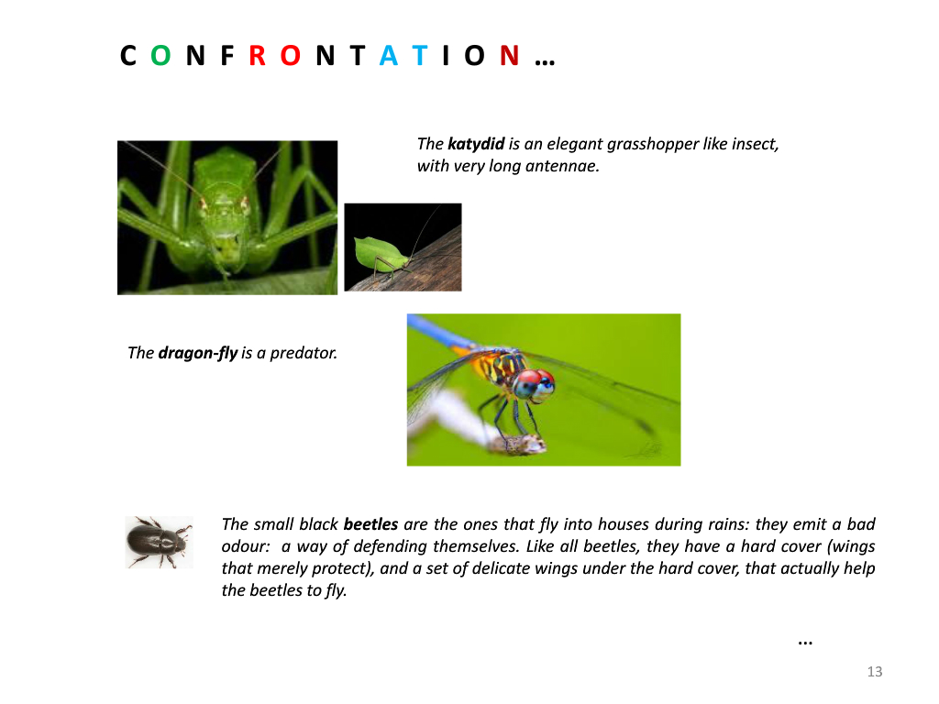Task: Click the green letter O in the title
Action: pyautogui.click(x=160, y=56)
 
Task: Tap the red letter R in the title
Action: pyautogui.click(x=258, y=56)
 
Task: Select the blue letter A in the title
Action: pyautogui.click(x=389, y=56)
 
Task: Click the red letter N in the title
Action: pyautogui.click(x=510, y=56)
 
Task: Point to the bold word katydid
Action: pyautogui.click(x=476, y=144)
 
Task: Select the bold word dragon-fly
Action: pyautogui.click(x=198, y=353)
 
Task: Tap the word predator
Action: pyautogui.click(x=304, y=353)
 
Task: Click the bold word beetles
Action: pyautogui.click(x=370, y=524)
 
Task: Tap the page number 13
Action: pyautogui.click(x=875, y=672)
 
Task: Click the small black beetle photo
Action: pyautogui.click(x=160, y=543)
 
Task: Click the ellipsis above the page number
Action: pyautogui.click(x=805, y=643)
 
